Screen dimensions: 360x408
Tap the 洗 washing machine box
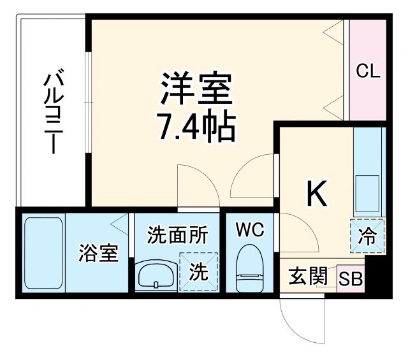tap(199, 272)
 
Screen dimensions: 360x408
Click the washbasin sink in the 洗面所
tap(154, 276)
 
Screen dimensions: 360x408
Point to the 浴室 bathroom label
tap(98, 253)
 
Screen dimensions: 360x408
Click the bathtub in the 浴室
tap(43, 254)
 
